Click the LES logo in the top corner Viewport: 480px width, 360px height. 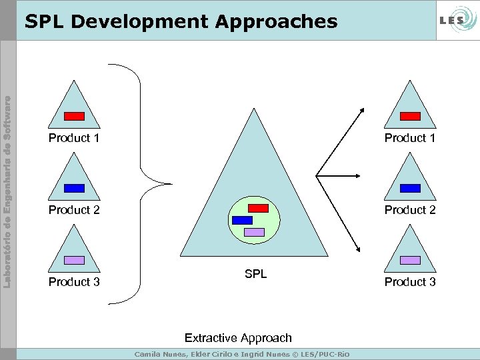pos(453,21)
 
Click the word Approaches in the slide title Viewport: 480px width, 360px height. pos(276,22)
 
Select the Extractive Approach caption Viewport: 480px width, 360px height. pos(238,338)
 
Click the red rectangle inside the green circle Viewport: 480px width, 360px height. pos(258,208)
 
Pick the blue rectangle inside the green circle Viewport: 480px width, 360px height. pos(242,220)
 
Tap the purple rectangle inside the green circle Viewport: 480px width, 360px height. pos(255,232)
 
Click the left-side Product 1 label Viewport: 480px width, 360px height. pos(74,138)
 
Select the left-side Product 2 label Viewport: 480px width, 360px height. pos(74,210)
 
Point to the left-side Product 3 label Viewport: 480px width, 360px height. pos(74,282)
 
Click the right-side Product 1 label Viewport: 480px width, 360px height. pos(410,138)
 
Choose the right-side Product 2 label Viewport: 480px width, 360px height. pos(410,210)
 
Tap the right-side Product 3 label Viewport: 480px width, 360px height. pos(410,282)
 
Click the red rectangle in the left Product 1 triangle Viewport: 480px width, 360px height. pos(74,116)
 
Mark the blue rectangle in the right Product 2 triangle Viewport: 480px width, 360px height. pos(410,188)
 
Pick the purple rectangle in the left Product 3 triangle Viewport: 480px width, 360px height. pos(74,260)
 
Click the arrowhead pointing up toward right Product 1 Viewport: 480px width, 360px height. pos(361,110)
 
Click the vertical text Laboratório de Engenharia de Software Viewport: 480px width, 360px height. pos(7,183)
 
